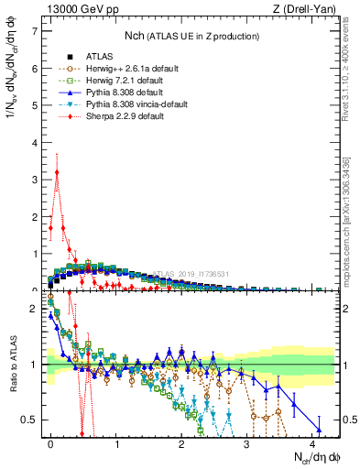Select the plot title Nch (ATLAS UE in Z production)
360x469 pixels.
pyautogui.click(x=191, y=36)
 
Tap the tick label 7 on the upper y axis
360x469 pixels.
pyautogui.click(x=35, y=31)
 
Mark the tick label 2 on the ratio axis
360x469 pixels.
pyautogui.click(x=35, y=309)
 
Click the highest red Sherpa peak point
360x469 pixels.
pyautogui.click(x=57, y=171)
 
